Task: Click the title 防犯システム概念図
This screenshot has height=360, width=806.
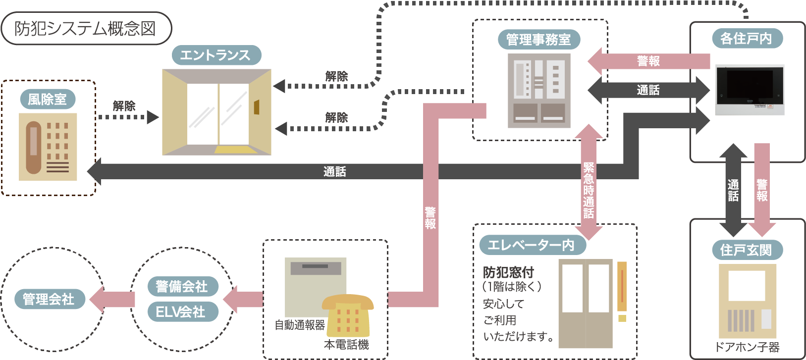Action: coord(85,29)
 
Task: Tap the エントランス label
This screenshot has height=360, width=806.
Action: coord(216,55)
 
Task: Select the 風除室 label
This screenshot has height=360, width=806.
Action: coord(48,99)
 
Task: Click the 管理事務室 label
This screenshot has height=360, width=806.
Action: coord(538,39)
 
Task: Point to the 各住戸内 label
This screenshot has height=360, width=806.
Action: coord(747,38)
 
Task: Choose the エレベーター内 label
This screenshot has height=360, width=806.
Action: coord(533,245)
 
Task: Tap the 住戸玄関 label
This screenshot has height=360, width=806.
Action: coord(747,250)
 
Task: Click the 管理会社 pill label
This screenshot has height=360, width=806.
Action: coord(50,299)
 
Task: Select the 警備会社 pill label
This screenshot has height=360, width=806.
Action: coord(183,286)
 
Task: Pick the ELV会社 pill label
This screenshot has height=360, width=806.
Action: coord(183,311)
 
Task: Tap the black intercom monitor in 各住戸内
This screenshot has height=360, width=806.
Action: coord(750,90)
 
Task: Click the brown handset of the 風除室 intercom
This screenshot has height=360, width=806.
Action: coord(34,148)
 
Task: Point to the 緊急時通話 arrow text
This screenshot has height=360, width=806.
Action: coord(589,191)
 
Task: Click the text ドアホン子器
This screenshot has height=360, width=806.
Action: coord(747,347)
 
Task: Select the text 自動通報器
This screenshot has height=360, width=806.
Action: coord(300,325)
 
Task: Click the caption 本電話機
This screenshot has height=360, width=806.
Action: coord(346,345)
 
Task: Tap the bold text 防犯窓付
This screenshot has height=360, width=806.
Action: coord(508,273)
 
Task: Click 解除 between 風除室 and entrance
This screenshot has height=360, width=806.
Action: coord(124,106)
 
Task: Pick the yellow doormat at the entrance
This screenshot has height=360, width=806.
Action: coord(236,150)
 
